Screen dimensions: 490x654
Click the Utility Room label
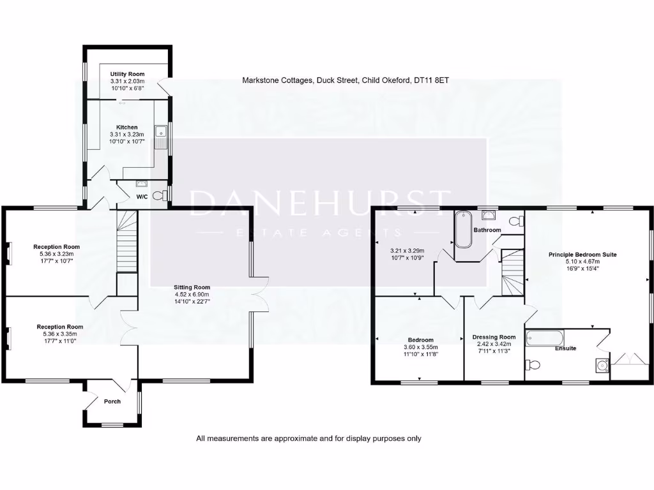pyautogui.click(x=127, y=74)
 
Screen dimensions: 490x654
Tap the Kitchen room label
pyautogui.click(x=127, y=127)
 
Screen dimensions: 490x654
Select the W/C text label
pyautogui.click(x=141, y=197)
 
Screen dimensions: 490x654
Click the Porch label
pyautogui.click(x=112, y=401)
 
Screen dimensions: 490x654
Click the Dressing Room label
pyautogui.click(x=494, y=337)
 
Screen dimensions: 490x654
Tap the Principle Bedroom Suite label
pyautogui.click(x=582, y=254)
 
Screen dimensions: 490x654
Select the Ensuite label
pyautogui.click(x=565, y=348)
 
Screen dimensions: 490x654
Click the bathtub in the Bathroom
pyautogui.click(x=462, y=230)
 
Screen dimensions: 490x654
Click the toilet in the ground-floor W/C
pyautogui.click(x=164, y=195)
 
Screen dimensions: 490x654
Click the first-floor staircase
pyautogui.click(x=512, y=274)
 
